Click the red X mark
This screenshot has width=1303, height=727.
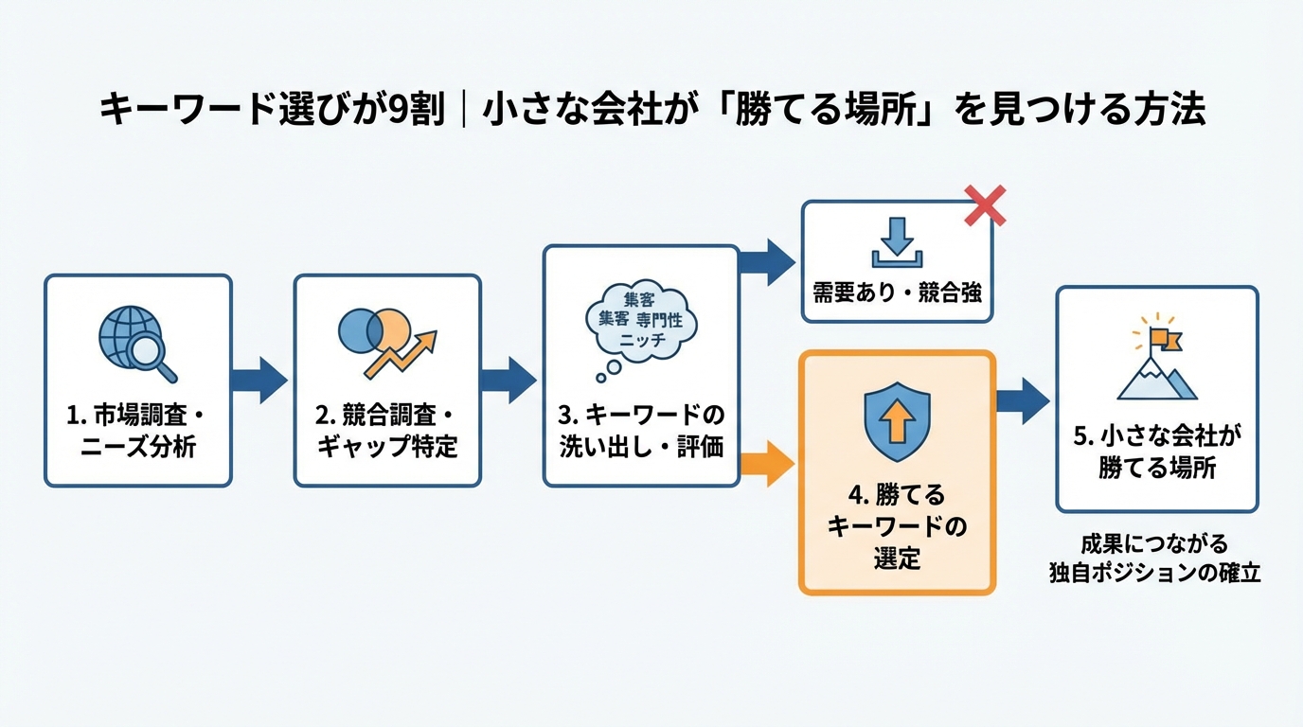985,205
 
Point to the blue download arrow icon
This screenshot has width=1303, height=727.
896,242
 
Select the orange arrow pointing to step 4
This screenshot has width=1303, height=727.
765,464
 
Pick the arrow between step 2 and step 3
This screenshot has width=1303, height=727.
509,380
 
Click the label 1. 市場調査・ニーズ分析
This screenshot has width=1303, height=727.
137,431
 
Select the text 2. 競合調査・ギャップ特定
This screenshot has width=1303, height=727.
386,431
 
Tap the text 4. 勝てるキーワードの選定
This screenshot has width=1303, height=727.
897,526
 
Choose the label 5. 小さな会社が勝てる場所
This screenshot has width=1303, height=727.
1157,452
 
